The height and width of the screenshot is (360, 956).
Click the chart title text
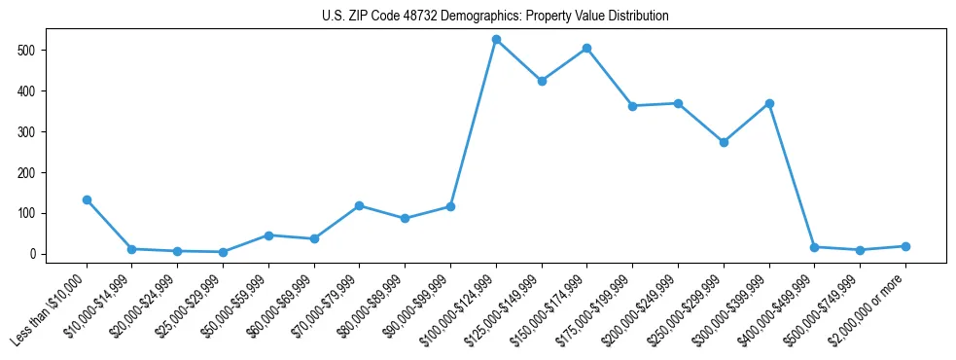495,17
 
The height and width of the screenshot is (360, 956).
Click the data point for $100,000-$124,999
496,40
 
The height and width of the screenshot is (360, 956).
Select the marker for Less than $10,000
87,199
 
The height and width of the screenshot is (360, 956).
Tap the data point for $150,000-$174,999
587,48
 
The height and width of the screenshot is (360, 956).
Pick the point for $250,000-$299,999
724,142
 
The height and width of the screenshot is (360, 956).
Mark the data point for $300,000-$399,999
769,103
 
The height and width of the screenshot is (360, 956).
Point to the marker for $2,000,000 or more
905,246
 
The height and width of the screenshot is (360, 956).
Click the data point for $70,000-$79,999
360,205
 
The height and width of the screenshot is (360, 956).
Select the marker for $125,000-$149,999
542,81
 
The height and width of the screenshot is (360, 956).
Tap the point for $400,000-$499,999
815,247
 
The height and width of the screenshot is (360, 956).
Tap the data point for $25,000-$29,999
223,252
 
